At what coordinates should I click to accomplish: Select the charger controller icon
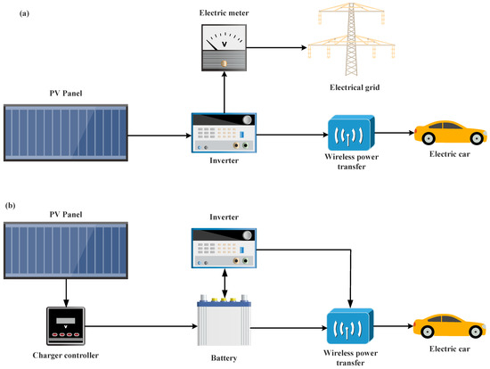(65, 326)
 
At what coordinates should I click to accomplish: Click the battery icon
(223, 324)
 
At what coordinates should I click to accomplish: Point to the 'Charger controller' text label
(65, 357)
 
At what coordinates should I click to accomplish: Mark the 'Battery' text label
(223, 357)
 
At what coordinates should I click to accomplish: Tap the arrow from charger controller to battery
(143, 326)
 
